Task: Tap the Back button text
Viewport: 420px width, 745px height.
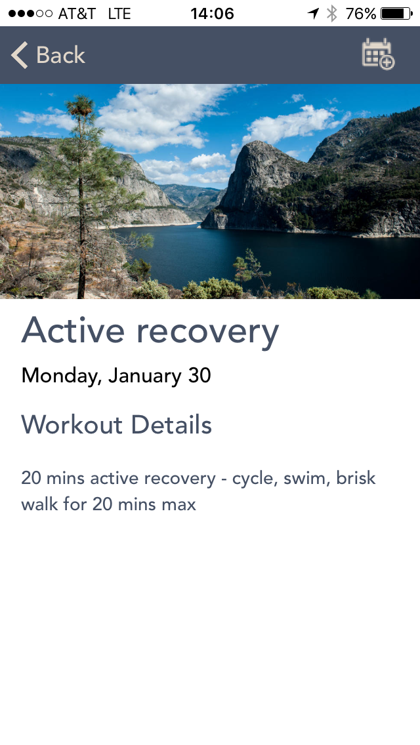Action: coord(60,55)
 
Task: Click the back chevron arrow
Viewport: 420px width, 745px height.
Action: coord(19,55)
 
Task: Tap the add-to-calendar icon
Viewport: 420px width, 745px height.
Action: coord(378,54)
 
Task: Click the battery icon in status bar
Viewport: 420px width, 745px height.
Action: coord(396,13)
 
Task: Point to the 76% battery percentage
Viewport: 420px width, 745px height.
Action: coord(361,13)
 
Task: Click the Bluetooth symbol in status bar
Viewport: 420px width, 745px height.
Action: coord(332,13)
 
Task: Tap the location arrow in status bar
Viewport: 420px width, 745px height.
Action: coord(314,13)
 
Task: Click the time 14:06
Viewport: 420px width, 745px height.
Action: coord(212,13)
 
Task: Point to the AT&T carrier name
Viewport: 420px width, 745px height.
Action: coord(77,13)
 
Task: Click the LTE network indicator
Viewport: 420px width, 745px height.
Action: coord(119,13)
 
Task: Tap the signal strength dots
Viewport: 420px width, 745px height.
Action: coord(30,13)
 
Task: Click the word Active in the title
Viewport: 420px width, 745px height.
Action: coord(73,331)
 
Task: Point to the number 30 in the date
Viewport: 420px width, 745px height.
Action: coord(199,375)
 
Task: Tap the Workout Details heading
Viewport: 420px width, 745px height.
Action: coord(117,424)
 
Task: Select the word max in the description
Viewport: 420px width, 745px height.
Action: coord(178,504)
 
